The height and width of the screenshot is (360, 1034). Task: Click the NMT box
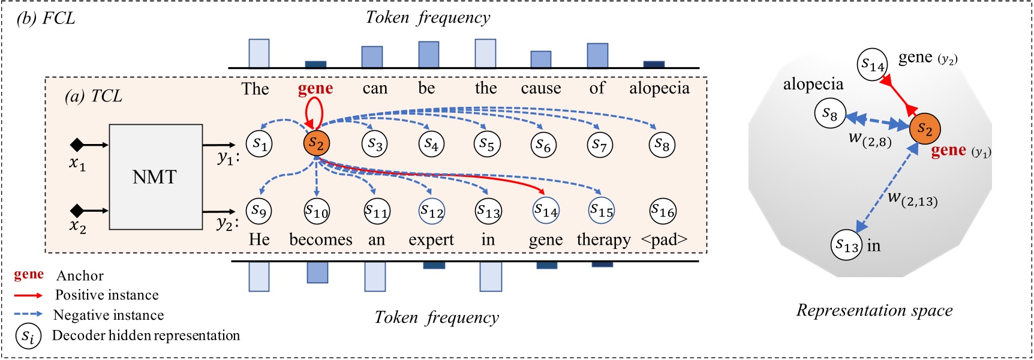(x=155, y=177)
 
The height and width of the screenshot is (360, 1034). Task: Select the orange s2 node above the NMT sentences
(x=316, y=143)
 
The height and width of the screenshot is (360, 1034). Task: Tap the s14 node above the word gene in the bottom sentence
(x=546, y=210)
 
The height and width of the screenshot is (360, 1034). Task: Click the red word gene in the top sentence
(x=315, y=89)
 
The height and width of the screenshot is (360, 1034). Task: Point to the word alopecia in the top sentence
(x=659, y=89)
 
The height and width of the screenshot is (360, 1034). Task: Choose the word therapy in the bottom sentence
(x=603, y=240)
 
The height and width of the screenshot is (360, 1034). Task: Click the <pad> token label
(x=664, y=240)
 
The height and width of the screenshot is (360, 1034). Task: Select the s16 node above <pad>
(x=663, y=211)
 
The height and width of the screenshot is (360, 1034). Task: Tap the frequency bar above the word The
(x=259, y=53)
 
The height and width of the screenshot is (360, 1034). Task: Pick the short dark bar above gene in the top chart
(x=315, y=64)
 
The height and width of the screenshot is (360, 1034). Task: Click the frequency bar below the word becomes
(x=317, y=272)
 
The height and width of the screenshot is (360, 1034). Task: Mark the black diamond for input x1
(x=77, y=145)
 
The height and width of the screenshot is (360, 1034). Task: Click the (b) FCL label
(x=46, y=18)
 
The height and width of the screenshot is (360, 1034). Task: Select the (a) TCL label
(x=94, y=96)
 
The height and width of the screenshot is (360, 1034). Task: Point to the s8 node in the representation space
(x=830, y=113)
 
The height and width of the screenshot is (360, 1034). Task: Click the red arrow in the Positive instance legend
(x=28, y=295)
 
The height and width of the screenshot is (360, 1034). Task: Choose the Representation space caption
(x=874, y=310)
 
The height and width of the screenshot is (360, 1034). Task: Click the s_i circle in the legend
(x=28, y=336)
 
